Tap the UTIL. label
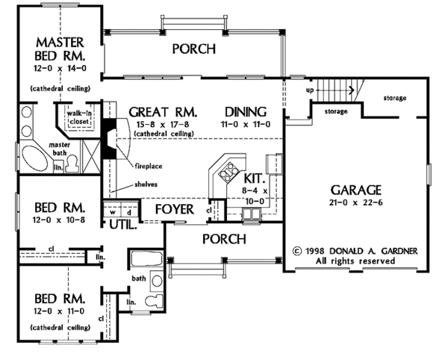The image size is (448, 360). click(121, 223)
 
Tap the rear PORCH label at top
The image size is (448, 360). click(193, 49)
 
